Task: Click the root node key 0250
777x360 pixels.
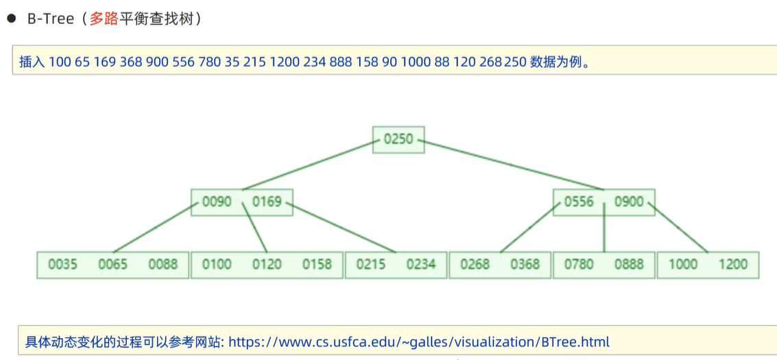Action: [x=398, y=139]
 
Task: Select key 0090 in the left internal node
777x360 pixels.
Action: [x=217, y=202]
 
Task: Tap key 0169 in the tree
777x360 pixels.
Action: [x=267, y=202]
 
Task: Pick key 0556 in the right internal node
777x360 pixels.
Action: [x=579, y=202]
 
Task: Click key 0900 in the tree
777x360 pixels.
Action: [x=629, y=202]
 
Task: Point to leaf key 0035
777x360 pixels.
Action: [x=62, y=264]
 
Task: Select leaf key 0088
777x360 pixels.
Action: [x=163, y=264]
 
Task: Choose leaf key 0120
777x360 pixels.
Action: [x=267, y=264]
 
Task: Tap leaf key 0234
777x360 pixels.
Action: [x=420, y=264]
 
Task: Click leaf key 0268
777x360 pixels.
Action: [x=475, y=264]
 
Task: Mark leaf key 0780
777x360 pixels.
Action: [x=578, y=264]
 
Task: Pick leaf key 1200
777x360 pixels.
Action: [x=732, y=264]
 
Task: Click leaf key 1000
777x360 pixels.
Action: [x=682, y=264]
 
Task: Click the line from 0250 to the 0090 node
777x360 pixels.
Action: [x=309, y=165]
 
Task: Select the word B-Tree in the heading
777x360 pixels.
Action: [x=50, y=19]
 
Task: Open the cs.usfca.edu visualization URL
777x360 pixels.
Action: [x=418, y=341]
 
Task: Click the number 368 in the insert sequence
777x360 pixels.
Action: [x=130, y=62]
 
